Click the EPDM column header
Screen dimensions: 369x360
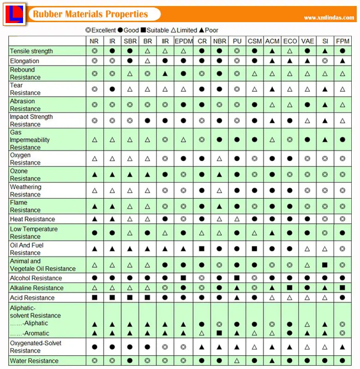pyautogui.click(x=183, y=41)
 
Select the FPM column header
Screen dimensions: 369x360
pyautogui.click(x=342, y=41)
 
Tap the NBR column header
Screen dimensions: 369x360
pyautogui.click(x=219, y=41)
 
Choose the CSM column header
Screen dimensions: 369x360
pyautogui.click(x=254, y=41)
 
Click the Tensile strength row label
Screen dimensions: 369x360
pyautogui.click(x=31, y=51)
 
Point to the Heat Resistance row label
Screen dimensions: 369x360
pyautogui.click(x=32, y=219)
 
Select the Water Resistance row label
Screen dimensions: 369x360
pyautogui.click(x=34, y=361)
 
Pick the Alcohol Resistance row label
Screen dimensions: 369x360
pyautogui.click(x=36, y=278)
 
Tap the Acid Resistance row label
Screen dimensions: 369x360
pyautogui.click(x=32, y=298)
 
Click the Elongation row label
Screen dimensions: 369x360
pyautogui.click(x=24, y=61)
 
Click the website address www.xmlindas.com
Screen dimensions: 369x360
pyautogui.click(x=329, y=18)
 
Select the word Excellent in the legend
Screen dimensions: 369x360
pyautogui.click(x=104, y=30)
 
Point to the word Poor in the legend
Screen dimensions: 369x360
pyautogui.click(x=212, y=30)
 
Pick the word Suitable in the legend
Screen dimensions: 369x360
pyautogui.click(x=158, y=30)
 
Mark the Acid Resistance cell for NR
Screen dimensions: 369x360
pyautogui.click(x=95, y=298)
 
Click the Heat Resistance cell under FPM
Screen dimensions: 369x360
pyautogui.click(x=342, y=219)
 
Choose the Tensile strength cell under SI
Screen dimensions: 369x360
pyautogui.click(x=325, y=51)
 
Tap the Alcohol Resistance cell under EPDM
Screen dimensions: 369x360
pyautogui.click(x=183, y=278)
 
